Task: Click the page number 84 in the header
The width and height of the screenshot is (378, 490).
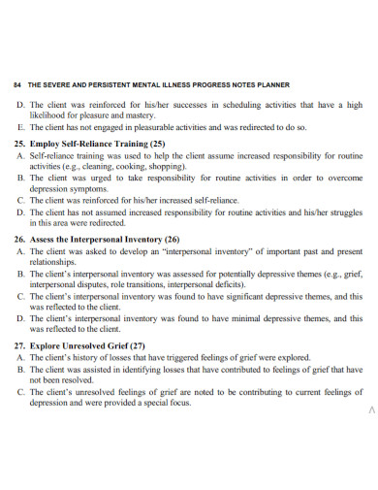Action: (17, 84)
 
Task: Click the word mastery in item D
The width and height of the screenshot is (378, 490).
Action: (142, 114)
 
